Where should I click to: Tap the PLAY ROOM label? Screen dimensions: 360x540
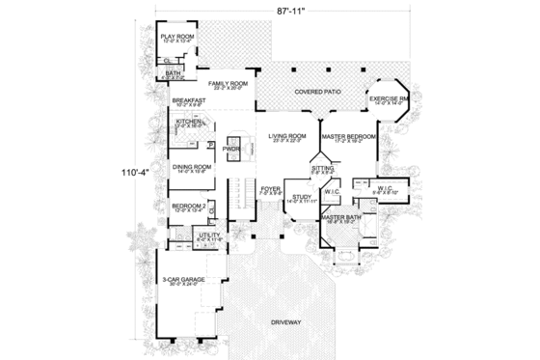pos(176,38)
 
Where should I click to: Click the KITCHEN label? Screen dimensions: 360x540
pos(188,122)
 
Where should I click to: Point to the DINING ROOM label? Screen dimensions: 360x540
pos(192,167)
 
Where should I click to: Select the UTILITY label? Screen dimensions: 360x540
pos(208,234)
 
